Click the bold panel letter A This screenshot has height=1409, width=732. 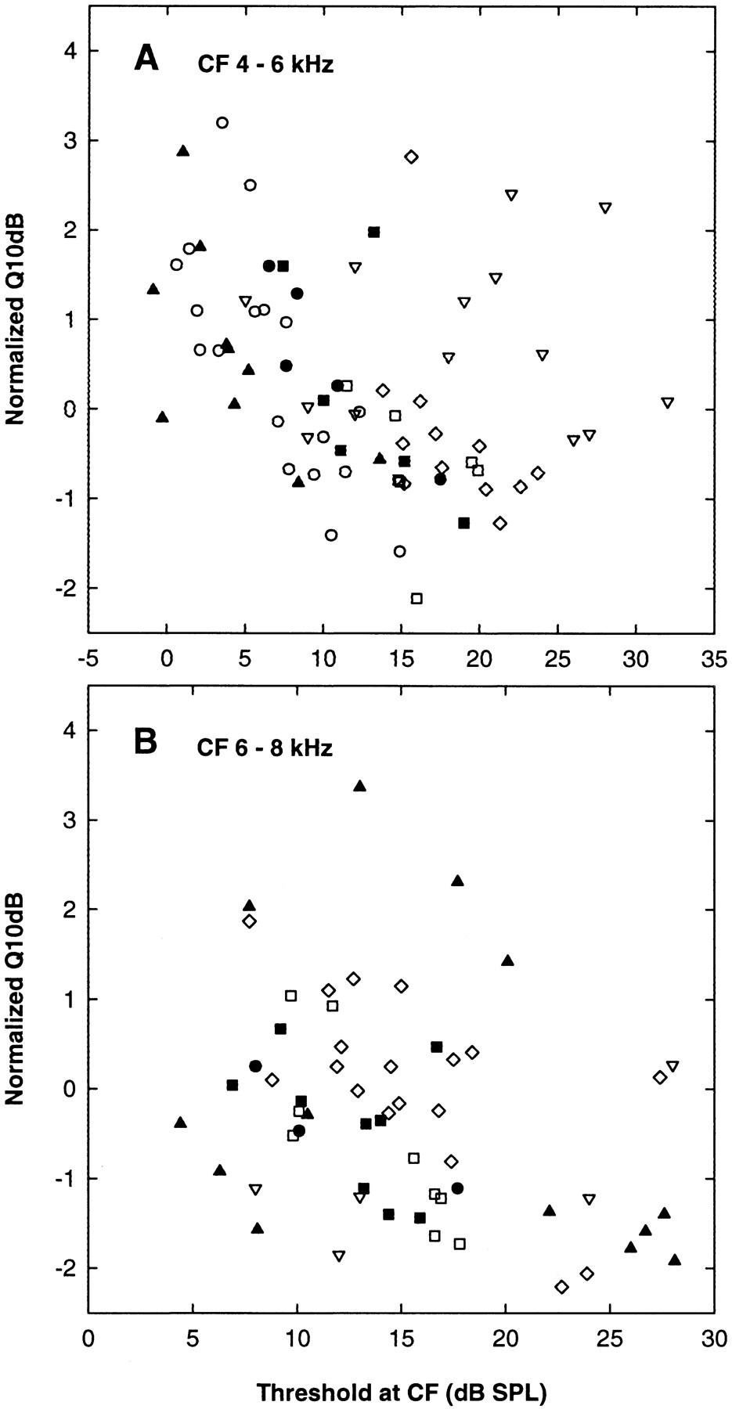click(147, 59)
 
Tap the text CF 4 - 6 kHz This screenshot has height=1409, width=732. click(264, 65)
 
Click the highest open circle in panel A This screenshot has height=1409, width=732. click(222, 122)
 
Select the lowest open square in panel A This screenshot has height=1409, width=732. click(416, 598)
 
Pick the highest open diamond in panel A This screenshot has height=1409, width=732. click(412, 157)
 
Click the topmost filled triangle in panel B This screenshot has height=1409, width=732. click(360, 786)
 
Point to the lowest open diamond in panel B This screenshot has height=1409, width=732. click(561, 1287)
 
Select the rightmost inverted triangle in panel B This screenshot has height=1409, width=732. click(673, 1065)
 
